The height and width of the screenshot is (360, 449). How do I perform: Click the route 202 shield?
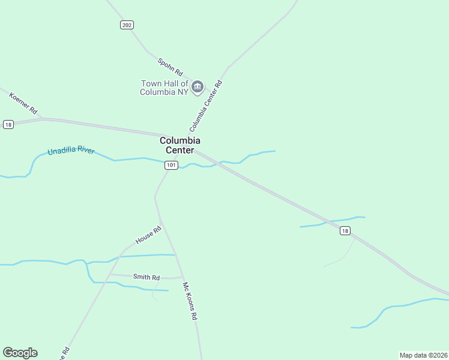(126, 25)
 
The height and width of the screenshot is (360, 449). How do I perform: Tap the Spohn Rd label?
(170, 66)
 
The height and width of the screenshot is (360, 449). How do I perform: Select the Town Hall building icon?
(198, 88)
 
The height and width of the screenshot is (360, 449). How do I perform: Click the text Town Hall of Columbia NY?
(164, 88)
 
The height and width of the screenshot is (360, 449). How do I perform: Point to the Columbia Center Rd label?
(206, 106)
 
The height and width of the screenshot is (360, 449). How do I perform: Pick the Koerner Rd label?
(23, 103)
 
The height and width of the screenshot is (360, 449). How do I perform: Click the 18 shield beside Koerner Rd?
(8, 124)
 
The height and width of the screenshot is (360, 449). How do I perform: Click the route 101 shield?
(171, 165)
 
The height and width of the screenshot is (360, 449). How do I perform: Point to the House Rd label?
(148, 235)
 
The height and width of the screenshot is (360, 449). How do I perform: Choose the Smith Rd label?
(146, 277)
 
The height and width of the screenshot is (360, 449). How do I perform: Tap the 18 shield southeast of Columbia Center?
(345, 230)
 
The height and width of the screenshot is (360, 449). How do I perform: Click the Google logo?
(20, 353)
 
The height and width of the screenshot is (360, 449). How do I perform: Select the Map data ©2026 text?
(423, 355)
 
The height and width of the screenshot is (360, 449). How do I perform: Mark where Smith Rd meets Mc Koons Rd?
(182, 277)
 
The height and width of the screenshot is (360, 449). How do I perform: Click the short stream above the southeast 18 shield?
(333, 221)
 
